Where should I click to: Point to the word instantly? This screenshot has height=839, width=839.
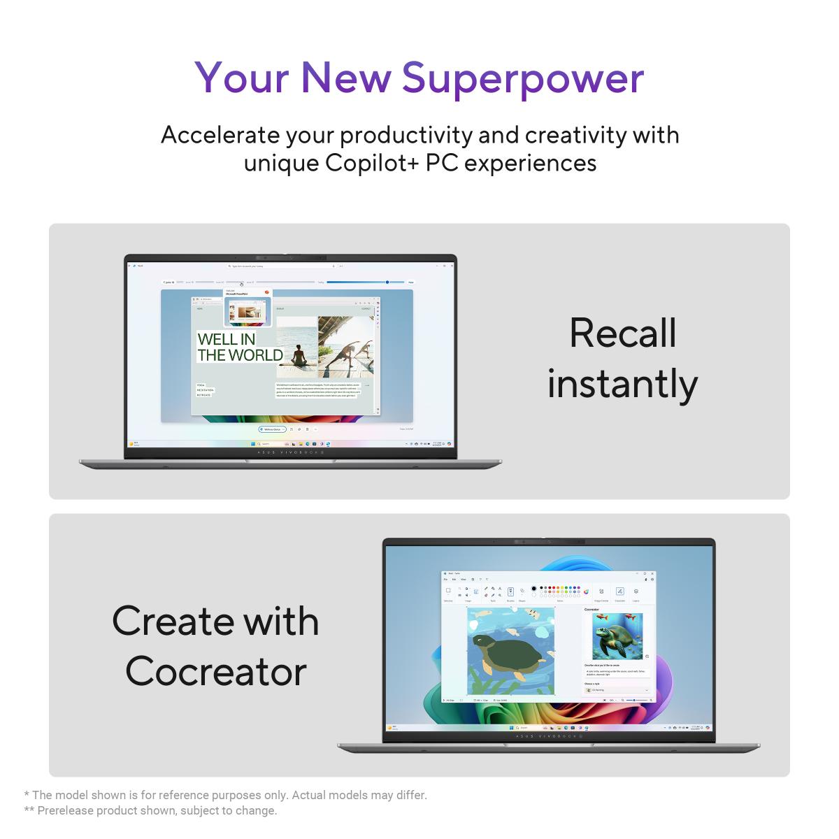pos(622,384)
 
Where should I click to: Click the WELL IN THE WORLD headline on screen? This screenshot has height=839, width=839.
pos(239,347)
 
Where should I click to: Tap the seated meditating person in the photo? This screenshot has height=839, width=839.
pos(299,356)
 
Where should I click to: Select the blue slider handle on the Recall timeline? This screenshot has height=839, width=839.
pos(387,282)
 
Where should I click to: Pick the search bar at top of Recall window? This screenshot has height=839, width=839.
pos(280,266)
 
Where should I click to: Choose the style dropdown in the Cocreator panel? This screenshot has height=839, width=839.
pos(617,690)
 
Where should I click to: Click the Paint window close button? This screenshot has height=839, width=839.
pos(652,573)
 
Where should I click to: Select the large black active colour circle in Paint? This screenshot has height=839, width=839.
pos(534,589)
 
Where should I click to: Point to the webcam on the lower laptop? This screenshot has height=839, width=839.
pos(549,542)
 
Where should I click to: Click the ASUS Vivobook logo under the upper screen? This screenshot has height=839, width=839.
pos(290,452)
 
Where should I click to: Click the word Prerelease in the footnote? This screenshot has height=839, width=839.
pos(67,811)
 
